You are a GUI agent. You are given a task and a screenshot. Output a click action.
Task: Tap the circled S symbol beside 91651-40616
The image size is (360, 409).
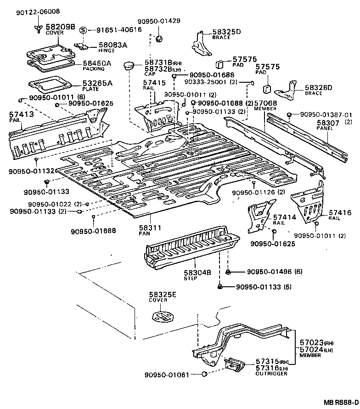[83, 30]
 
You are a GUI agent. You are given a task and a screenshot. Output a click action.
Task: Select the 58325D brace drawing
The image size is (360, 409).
[200, 45]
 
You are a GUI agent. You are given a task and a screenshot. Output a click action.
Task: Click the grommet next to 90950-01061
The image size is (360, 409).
[205, 375]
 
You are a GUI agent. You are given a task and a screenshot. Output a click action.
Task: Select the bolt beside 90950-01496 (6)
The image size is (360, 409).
[228, 272]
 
